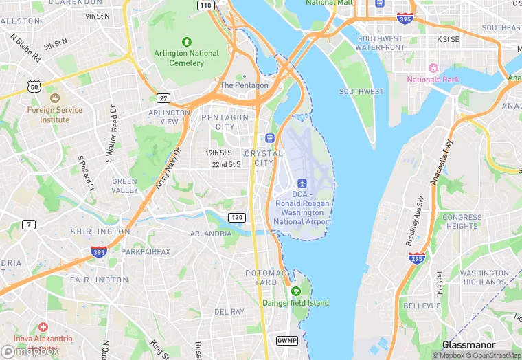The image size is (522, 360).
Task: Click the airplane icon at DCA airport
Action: (x=302, y=183)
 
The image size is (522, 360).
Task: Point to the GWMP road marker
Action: (x=286, y=341)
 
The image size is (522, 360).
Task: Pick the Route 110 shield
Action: (x=205, y=5)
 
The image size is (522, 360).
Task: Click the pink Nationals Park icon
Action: (x=433, y=68)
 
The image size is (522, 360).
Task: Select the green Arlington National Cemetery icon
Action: (x=186, y=43)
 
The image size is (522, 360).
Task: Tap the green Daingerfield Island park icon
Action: (x=295, y=291)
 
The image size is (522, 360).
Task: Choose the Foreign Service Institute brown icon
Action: (x=54, y=98)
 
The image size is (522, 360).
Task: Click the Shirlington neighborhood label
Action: (x=100, y=232)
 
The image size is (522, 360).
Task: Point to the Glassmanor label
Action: (x=469, y=344)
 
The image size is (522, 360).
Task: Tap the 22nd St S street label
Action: (x=226, y=165)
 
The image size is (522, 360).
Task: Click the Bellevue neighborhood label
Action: (x=422, y=305)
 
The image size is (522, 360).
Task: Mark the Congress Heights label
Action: (x=462, y=222)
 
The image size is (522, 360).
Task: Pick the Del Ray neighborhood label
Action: (x=229, y=311)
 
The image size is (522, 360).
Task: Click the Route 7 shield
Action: (x=29, y=224)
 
